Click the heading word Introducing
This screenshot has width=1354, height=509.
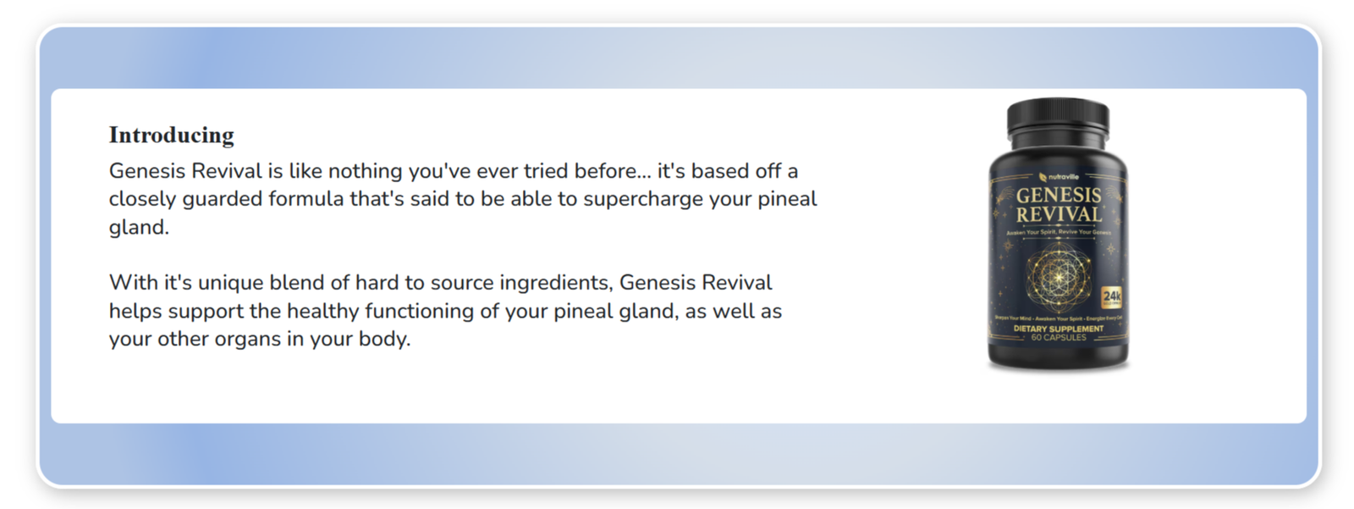coord(171,136)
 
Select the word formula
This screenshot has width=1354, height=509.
coord(305,199)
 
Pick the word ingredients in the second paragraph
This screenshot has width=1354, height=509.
coord(556,283)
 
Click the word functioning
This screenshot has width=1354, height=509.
coord(419,311)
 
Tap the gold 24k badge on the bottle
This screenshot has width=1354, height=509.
coord(1111,296)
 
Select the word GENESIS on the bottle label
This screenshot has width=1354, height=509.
coord(1059,196)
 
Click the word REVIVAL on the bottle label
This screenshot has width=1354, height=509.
coord(1059,215)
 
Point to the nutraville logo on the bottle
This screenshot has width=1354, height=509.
coord(1059,177)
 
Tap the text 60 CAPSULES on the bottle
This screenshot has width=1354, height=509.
coord(1058,337)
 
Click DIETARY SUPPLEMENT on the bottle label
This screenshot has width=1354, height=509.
coord(1058,328)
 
